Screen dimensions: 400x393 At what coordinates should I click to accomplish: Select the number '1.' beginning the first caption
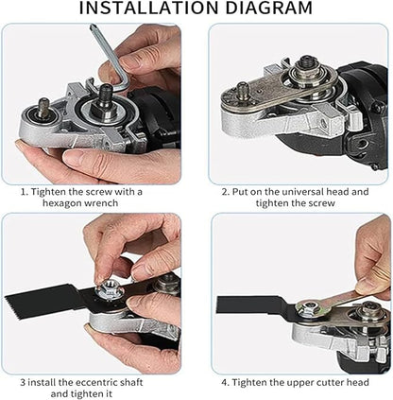pos(26,190)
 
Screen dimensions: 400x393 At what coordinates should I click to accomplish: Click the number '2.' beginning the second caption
pos(226,190)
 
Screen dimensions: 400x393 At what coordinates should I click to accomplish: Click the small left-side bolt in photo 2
pos(242,92)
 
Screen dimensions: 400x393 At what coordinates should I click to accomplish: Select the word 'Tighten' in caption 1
pos(52,190)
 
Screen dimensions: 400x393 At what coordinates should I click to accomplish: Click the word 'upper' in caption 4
pos(289,383)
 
